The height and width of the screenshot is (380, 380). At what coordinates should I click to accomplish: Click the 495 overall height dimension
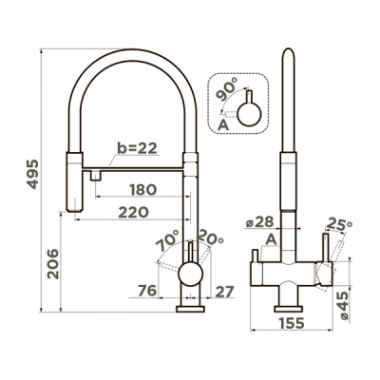coord(32,175)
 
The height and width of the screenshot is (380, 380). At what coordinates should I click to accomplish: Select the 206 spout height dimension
coord(53,264)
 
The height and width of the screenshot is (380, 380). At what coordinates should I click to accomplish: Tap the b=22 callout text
coord(137,148)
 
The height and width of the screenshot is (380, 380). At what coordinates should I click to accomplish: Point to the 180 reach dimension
coord(143,190)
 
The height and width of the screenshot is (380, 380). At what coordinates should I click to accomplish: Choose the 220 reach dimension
coord(133,213)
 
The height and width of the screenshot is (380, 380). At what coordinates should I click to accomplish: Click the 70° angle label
coord(167,240)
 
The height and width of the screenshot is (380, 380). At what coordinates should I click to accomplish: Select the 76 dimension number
coord(147,291)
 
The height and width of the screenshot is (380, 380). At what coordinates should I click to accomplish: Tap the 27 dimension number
coord(224,292)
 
